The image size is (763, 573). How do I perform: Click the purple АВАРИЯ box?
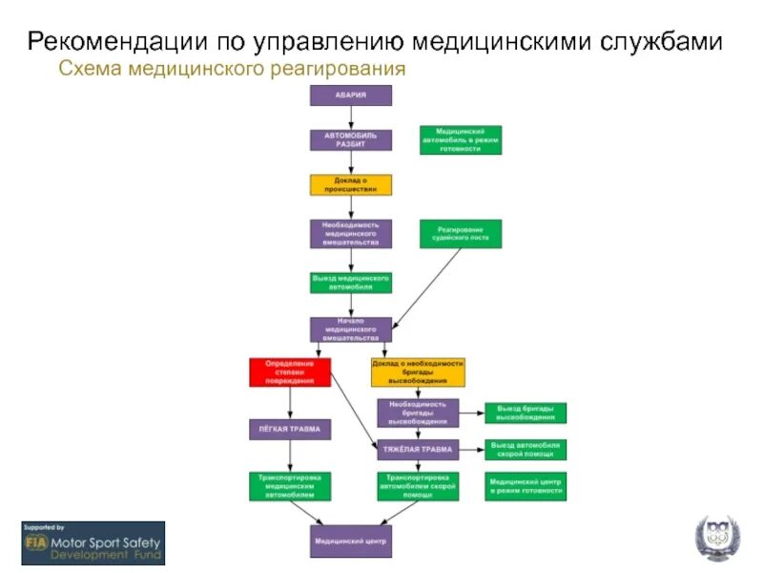[350, 95]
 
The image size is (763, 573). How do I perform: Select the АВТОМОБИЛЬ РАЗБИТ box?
[350, 139]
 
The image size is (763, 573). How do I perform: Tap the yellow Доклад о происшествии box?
[350, 184]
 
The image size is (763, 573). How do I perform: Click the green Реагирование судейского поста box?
[461, 233]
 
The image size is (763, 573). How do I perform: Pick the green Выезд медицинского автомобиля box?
[350, 283]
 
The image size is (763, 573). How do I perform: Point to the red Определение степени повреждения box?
[289, 371]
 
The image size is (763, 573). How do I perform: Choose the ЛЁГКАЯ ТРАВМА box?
[289, 429]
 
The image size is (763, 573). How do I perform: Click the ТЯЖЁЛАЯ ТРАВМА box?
[418, 449]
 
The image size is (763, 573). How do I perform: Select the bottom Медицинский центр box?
[350, 541]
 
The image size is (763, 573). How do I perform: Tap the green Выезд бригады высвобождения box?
[526, 413]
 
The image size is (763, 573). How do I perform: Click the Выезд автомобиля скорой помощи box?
[526, 449]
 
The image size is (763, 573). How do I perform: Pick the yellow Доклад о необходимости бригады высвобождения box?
[418, 371]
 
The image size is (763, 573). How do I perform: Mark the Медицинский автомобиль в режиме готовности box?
[461, 139]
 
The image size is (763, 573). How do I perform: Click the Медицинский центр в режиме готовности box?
[526, 485]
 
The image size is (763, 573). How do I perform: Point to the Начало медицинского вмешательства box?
[350, 329]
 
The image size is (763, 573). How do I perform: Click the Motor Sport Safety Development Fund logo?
[93, 542]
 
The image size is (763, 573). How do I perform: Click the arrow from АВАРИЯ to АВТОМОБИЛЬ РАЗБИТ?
[350, 117]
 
